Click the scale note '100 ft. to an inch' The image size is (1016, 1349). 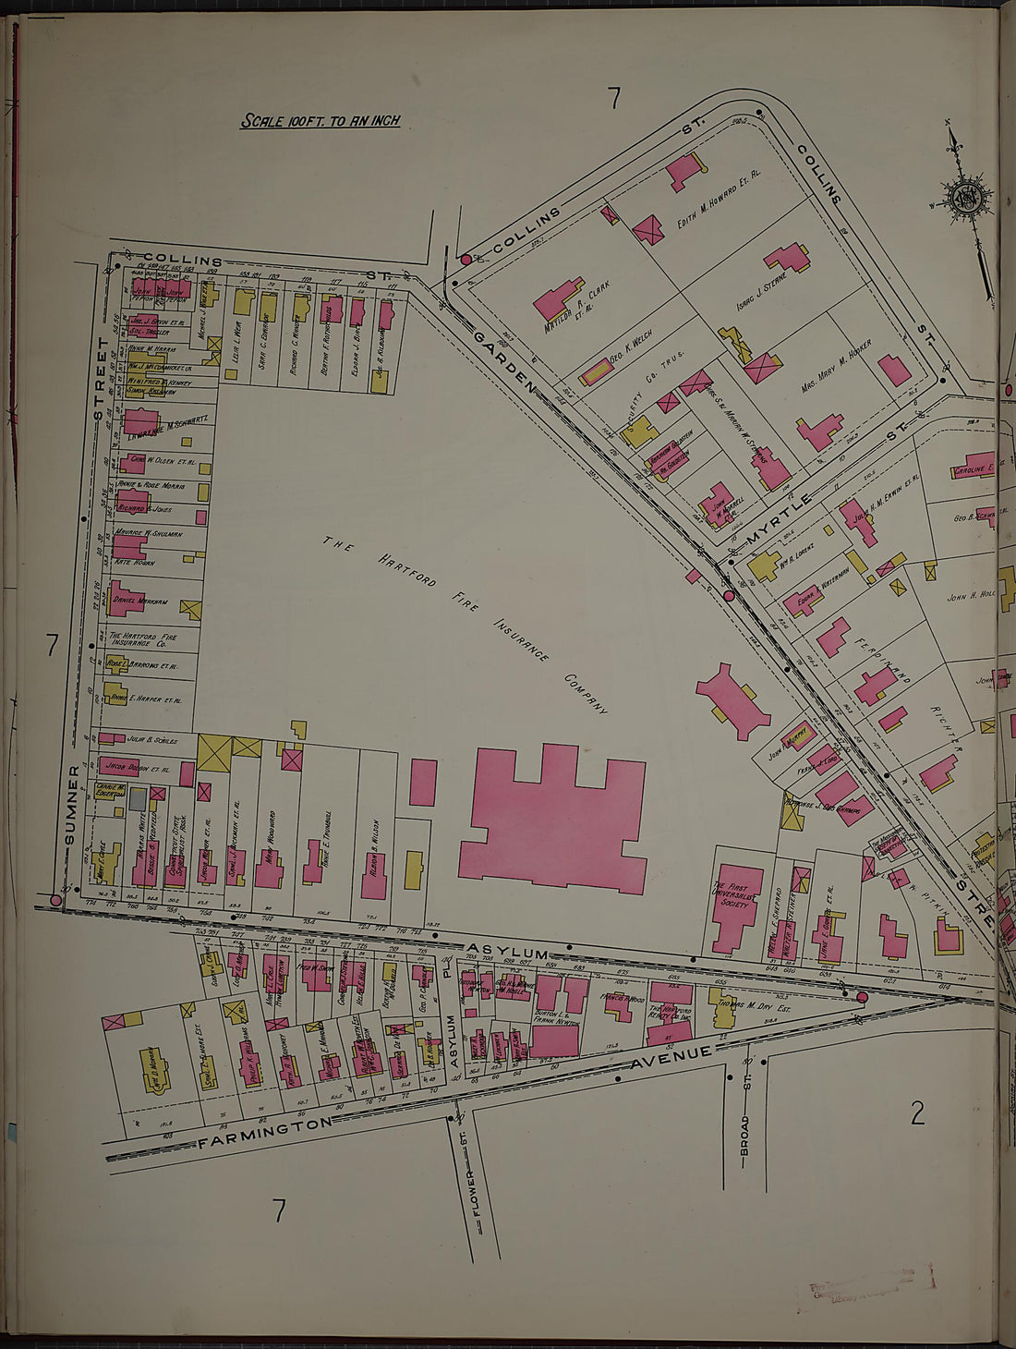(320, 121)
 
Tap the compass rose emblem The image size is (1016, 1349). (966, 196)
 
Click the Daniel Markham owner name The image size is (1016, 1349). (139, 601)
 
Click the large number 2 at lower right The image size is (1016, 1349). (916, 1113)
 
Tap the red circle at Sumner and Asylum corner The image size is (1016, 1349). (55, 899)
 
